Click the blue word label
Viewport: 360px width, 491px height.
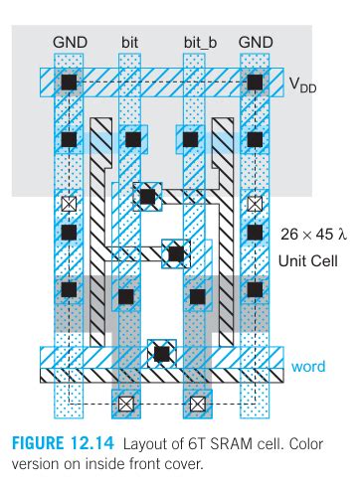coord(308,367)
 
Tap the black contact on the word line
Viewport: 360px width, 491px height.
coord(159,352)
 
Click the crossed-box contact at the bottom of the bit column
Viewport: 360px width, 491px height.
coord(126,405)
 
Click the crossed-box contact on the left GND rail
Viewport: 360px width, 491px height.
coord(69,203)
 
